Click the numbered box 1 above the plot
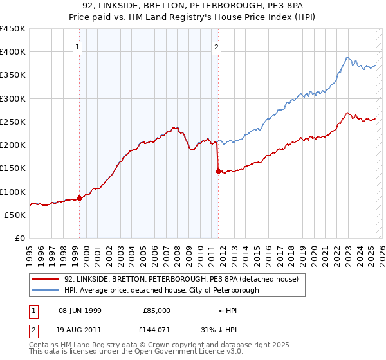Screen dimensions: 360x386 point(77,46)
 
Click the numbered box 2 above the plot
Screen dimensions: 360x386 point(217,46)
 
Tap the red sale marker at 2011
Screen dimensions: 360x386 point(218,171)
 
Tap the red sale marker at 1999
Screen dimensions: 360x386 point(80,198)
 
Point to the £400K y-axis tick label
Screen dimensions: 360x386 point(12,52)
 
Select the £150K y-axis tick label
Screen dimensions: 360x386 point(12,168)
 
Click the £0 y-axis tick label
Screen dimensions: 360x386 point(20,239)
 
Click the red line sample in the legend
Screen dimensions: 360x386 point(46,280)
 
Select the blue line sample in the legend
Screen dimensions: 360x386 point(46,291)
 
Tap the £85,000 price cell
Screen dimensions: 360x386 point(156,310)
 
